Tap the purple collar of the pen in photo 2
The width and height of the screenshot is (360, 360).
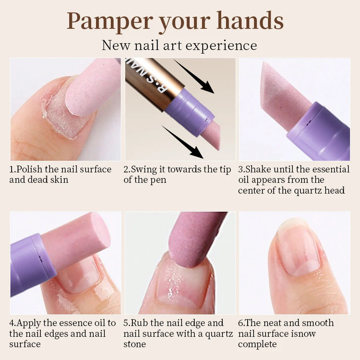(x=188, y=110)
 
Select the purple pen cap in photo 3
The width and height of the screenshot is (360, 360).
(x=320, y=132)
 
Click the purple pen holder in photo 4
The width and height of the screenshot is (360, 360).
(x=30, y=264)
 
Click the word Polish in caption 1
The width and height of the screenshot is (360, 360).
(x=30, y=169)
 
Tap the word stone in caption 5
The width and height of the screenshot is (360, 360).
(x=135, y=344)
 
